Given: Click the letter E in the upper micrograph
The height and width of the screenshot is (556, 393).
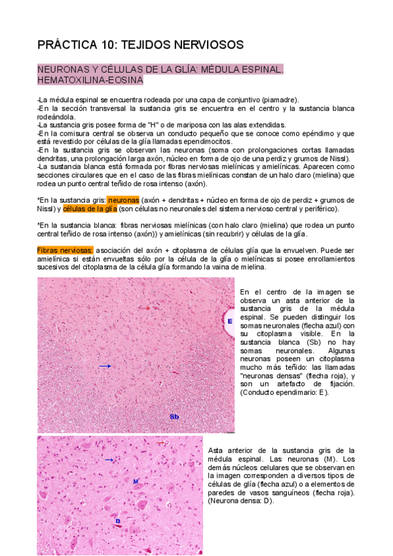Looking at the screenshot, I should (x=230, y=321).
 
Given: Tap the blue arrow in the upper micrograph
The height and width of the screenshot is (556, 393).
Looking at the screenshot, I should (x=105, y=366).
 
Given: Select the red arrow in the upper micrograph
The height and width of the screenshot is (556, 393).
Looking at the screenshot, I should (x=144, y=307).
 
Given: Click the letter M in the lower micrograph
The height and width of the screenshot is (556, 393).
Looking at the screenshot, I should (x=135, y=481).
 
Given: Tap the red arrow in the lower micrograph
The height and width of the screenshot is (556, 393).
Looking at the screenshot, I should (x=159, y=443).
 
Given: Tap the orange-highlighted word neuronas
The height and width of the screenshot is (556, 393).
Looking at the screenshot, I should (x=123, y=199).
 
